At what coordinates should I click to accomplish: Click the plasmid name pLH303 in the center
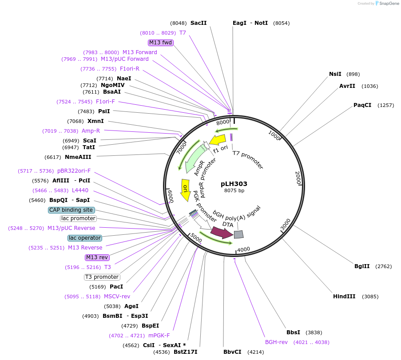234,184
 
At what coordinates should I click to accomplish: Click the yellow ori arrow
185,190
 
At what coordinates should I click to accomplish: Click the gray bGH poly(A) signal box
238,234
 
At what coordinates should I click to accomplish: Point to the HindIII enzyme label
344,297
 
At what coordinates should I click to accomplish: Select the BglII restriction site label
362,266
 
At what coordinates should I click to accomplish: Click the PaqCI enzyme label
362,105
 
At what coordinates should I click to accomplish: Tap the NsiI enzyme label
335,74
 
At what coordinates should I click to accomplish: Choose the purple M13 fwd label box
161,43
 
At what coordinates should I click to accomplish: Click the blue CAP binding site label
71,210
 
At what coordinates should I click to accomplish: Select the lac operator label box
85,238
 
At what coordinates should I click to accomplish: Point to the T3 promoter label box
102,277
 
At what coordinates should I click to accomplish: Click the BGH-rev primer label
276,342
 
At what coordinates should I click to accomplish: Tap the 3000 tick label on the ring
286,224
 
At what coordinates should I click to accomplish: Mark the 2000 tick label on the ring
298,178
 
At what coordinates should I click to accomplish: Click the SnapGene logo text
389,3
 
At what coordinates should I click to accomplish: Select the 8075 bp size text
234,190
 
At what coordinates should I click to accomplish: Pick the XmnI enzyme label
95,121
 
